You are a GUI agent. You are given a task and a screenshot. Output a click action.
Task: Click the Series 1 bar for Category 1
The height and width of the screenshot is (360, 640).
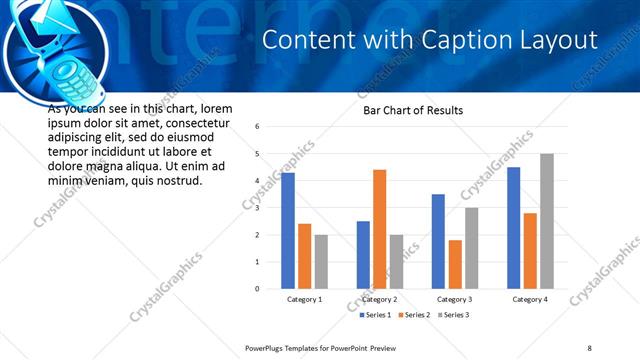pos(288,231)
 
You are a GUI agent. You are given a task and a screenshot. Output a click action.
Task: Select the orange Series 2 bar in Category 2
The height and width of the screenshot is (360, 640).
pos(379,229)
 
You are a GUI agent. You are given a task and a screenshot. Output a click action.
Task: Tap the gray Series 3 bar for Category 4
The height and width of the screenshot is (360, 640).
pos(546,221)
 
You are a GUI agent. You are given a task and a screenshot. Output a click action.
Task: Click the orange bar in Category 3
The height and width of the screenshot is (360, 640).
pos(454,264)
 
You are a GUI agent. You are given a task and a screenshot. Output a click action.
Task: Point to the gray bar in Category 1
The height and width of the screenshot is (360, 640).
pos(320,262)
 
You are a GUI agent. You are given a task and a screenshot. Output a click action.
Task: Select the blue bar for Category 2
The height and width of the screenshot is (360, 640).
pos(363,255)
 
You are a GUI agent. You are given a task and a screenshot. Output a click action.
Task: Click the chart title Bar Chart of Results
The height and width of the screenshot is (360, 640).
pos(413,110)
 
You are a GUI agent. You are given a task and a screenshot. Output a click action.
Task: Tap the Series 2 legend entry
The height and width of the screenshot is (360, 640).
pos(413,315)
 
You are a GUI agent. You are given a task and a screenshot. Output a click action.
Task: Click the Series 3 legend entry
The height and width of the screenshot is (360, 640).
pos(451,315)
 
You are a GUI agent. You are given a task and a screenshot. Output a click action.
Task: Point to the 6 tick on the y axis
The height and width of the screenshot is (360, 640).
pos(258,127)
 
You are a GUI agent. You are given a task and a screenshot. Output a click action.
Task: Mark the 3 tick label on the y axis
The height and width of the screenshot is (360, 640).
pos(258,208)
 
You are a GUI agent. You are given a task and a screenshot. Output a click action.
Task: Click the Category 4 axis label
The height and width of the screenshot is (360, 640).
pos(529,299)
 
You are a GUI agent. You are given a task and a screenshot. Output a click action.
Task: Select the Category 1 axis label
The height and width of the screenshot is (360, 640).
pos(304,299)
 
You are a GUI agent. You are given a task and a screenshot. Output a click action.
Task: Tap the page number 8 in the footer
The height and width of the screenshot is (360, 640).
pos(589,348)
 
